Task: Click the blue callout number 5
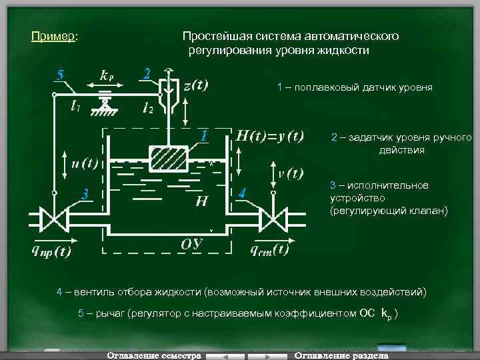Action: point(60,75)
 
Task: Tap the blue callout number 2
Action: point(147,73)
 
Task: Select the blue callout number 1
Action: point(207,135)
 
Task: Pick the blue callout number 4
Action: point(243,193)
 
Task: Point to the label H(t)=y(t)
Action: point(270,136)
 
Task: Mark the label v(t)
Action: point(291,172)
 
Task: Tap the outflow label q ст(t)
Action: point(269,250)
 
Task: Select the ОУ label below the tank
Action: point(192,243)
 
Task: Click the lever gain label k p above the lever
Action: point(107,74)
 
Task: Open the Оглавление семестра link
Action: point(154,355)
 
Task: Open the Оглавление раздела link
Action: point(341,355)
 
